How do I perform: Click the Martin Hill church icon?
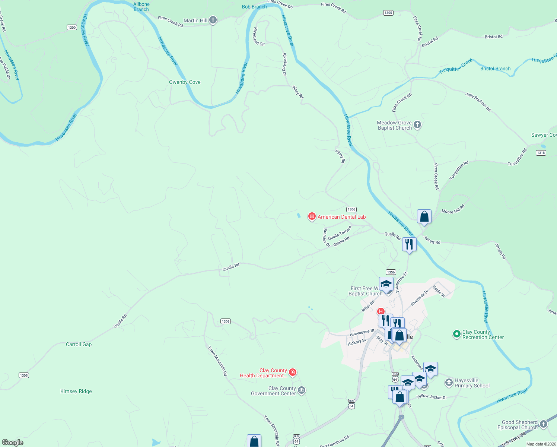point(213,20)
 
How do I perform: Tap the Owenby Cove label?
point(185,82)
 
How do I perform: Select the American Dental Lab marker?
point(312,216)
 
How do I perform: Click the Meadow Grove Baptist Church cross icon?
point(417,125)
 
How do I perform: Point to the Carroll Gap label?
point(79,344)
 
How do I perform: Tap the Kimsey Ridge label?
point(76,391)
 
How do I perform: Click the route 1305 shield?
point(24,375)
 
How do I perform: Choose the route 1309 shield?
point(225,321)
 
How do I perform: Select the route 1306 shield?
point(351,209)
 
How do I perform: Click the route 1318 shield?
point(541,153)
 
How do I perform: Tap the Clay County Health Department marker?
point(293,372)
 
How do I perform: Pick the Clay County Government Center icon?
point(302,390)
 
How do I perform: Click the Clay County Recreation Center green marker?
point(457,334)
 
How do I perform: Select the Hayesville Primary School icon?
point(449,383)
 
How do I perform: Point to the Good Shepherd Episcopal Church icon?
point(544,424)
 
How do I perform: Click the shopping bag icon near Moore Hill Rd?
point(424,216)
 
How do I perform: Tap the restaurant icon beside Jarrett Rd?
point(409,244)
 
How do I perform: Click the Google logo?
point(13,443)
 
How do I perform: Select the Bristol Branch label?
point(495,69)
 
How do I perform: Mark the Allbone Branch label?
point(141,7)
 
